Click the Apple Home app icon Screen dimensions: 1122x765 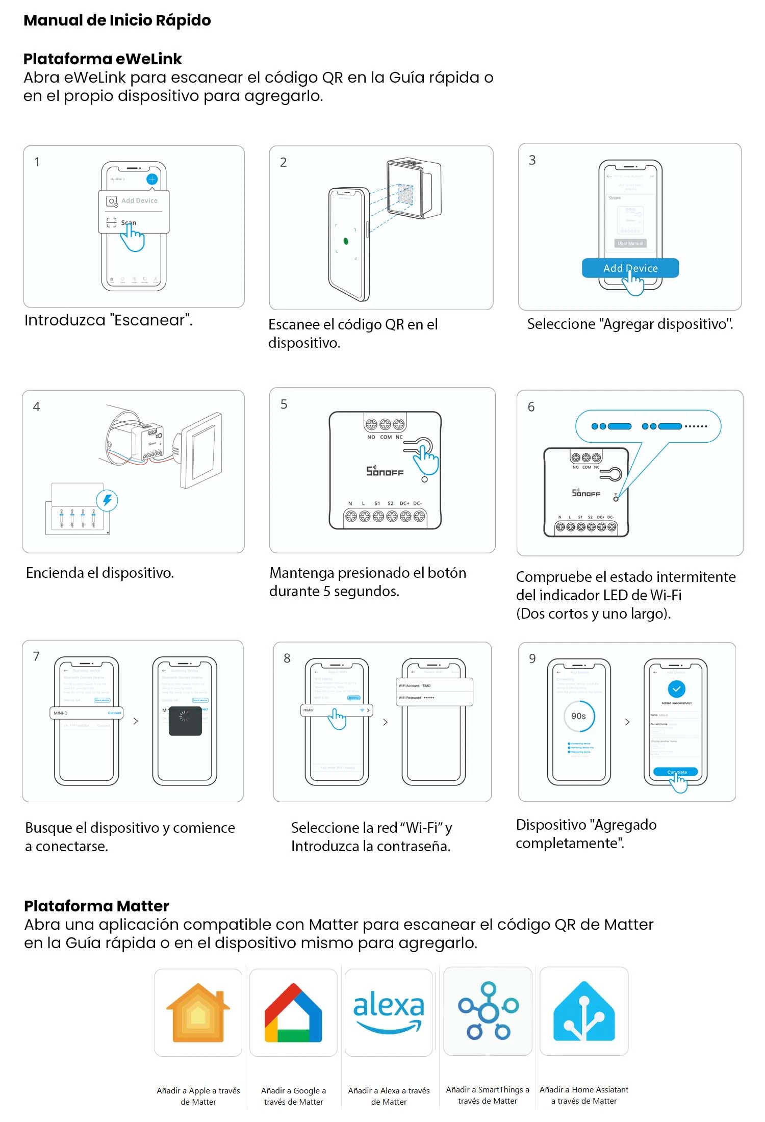198,1012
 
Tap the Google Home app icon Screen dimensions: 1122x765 293,1012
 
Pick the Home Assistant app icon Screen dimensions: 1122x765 584,1011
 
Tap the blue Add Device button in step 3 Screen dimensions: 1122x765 630,268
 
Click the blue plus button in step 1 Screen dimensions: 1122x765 152,179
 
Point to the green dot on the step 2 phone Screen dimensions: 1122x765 346,241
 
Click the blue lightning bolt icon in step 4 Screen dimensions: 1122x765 107,500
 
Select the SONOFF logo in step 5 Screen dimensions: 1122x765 385,471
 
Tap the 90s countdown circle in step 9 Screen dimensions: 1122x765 578,716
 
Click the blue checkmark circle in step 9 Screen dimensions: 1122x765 676,689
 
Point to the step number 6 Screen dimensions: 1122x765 531,407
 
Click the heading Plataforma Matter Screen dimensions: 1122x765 96,906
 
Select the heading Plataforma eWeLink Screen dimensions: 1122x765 103,59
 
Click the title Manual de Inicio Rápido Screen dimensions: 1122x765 117,20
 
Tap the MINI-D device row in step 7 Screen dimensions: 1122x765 87,713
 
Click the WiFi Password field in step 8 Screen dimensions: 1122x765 435,698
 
